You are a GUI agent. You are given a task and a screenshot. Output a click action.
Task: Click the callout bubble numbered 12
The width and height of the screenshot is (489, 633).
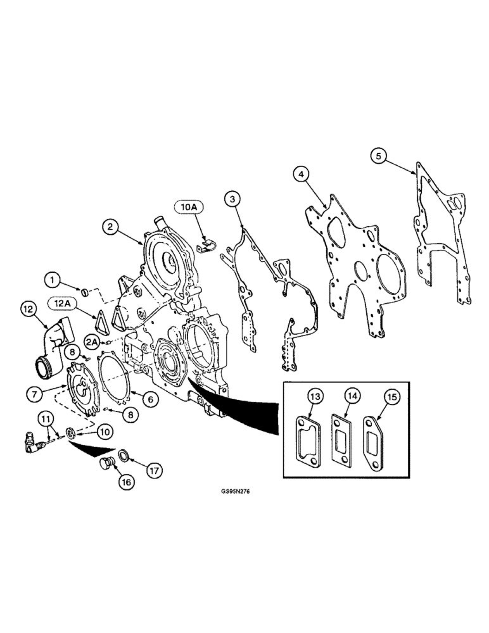click(27, 309)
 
